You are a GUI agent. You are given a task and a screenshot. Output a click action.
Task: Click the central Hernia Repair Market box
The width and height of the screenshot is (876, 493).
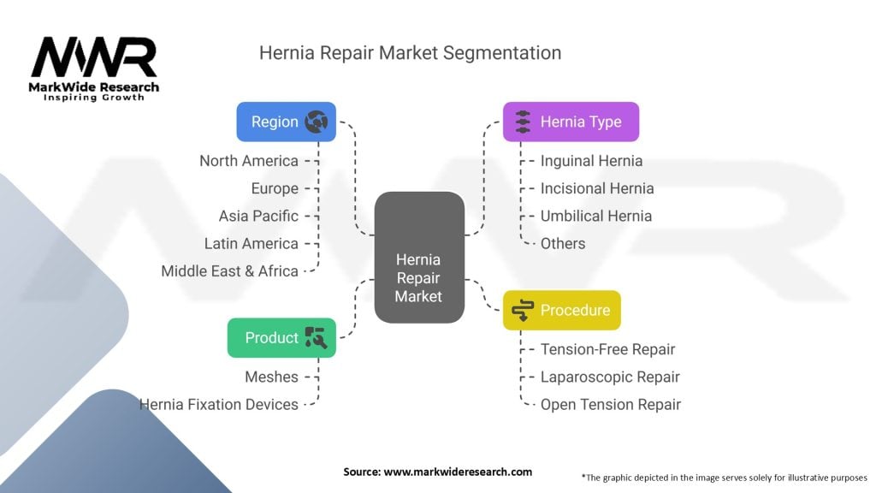[419, 258]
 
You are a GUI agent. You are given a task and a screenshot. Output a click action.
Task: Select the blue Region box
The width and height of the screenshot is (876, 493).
[286, 122]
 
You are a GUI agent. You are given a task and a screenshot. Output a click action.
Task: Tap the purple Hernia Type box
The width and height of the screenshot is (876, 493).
[571, 122]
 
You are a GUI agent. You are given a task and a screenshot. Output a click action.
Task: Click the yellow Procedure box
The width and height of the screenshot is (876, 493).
[561, 310]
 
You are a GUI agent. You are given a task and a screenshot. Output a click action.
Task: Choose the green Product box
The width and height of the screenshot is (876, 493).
[281, 337]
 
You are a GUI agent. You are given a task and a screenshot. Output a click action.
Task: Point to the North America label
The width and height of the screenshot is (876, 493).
[249, 161]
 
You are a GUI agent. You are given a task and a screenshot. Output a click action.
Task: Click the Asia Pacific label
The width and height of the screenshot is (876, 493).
[258, 216]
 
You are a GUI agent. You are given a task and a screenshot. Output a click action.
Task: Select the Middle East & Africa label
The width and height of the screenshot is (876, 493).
[230, 270]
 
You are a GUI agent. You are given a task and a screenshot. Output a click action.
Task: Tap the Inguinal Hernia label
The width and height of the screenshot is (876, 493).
[591, 161]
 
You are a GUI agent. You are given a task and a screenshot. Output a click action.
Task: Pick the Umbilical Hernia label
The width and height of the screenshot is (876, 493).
[595, 216]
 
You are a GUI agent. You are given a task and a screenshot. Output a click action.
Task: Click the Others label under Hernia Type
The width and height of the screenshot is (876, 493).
[563, 243]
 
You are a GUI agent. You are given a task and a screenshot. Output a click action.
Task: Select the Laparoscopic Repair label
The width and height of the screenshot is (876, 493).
[610, 377]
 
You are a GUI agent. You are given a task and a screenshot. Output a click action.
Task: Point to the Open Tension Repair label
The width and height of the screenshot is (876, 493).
[610, 404]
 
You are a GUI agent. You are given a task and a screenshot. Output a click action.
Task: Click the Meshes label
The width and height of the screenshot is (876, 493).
[272, 377]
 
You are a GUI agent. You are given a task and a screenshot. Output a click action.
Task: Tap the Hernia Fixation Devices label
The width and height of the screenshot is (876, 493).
[219, 404]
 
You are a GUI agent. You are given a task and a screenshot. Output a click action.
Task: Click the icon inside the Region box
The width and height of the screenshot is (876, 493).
[316, 122]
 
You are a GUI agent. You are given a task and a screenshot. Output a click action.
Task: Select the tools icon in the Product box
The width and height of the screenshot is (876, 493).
[316, 337]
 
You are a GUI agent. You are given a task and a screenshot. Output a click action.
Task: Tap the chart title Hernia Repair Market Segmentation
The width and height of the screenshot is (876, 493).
[410, 53]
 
